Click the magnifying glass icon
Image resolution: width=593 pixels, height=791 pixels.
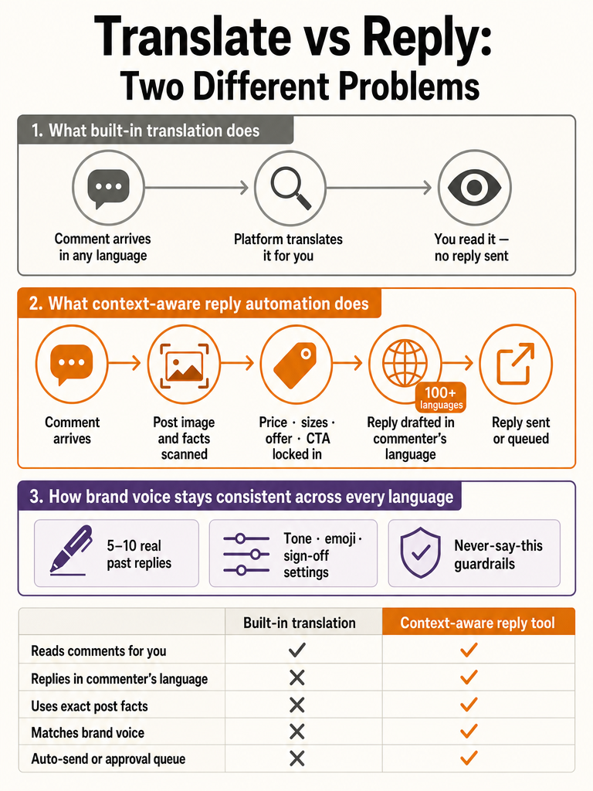[291, 188]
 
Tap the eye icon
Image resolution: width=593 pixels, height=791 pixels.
[474, 187]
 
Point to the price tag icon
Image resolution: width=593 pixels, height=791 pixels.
[296, 365]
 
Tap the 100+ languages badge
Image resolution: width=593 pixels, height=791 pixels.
[440, 398]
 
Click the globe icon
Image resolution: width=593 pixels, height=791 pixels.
[405, 363]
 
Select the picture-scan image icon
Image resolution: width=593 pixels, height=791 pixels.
[184, 365]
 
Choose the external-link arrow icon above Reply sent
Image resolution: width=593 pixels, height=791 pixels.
[515, 364]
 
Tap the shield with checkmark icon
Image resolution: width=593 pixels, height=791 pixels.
[420, 553]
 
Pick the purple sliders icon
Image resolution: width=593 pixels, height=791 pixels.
[246, 555]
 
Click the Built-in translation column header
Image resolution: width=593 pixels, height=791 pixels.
[300, 623]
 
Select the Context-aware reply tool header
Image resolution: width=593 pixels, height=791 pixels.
[477, 623]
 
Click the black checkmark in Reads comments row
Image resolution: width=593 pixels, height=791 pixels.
[297, 650]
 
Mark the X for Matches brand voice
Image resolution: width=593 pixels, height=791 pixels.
[297, 732]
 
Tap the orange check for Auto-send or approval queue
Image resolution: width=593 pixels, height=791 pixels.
[469, 758]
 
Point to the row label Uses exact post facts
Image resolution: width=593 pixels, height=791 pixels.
[90, 706]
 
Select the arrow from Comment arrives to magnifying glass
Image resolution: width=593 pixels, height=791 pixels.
[197, 188]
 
